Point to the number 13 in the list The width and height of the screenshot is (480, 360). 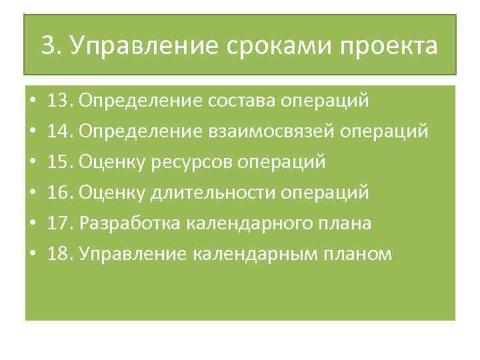[61, 101]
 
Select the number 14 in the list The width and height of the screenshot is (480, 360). [61, 131]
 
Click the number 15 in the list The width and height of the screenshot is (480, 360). [61, 162]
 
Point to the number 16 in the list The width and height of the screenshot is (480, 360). [61, 193]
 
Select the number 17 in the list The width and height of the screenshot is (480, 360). [61, 223]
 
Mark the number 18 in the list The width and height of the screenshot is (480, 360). [61, 254]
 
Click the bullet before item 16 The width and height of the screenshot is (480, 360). [32, 193]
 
